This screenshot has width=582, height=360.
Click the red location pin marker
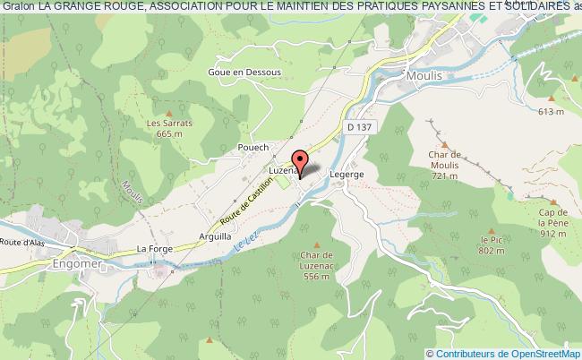(x=302, y=160)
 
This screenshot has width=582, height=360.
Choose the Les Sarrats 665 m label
(x=164, y=128)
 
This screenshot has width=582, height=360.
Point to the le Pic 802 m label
(x=492, y=245)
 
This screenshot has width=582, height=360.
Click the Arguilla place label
(x=217, y=237)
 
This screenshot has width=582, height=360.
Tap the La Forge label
(x=153, y=250)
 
